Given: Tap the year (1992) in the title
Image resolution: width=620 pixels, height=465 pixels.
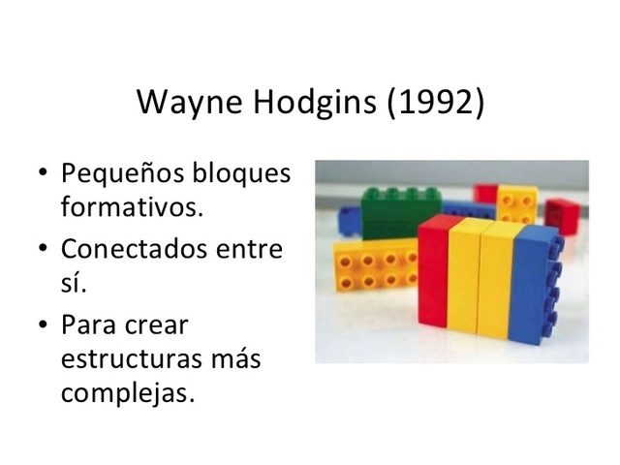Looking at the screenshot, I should (x=436, y=103).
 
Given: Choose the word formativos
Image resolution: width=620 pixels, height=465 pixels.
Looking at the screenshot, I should (x=132, y=207).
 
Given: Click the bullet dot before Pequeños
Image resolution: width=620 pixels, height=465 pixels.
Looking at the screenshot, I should (x=40, y=176).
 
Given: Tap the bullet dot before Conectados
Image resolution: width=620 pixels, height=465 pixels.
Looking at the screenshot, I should (x=40, y=250).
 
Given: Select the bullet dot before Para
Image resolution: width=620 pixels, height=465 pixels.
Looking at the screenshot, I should (x=40, y=324).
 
